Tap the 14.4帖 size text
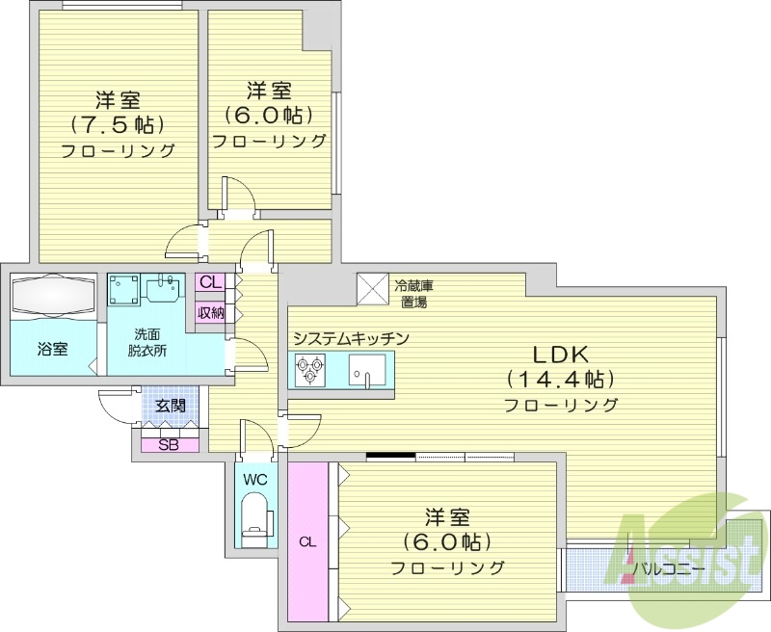coord(561,379)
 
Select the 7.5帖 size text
coord(118,124)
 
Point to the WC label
coord(255,479)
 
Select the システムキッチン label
coord(352,338)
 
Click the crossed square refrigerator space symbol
coord(371,286)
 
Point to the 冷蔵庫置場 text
coord(413,293)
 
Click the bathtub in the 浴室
coord(53,293)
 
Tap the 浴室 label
coord(53,349)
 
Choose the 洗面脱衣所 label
coord(150,342)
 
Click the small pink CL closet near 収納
coord(211,284)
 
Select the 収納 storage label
coord(211,312)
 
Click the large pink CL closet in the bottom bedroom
coord(307,540)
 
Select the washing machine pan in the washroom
coord(123,288)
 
